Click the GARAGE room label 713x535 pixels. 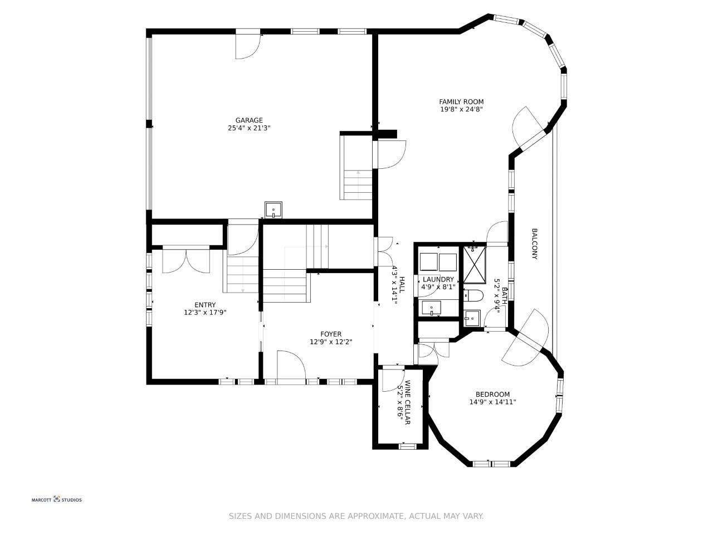tap(249, 120)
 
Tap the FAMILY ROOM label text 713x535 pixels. tap(461, 101)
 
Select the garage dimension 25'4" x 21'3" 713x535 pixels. tap(249, 128)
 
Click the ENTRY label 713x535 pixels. tap(205, 305)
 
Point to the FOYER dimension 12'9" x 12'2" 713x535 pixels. tap(331, 342)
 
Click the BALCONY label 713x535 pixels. tap(534, 244)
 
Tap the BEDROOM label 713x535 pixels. tap(492, 395)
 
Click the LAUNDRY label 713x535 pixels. tap(438, 279)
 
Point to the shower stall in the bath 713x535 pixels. tap(474, 265)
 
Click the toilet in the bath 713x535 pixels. tap(473, 295)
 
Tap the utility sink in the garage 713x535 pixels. tap(273, 210)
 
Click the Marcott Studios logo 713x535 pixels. tap(56, 499)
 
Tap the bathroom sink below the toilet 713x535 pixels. tap(472, 318)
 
